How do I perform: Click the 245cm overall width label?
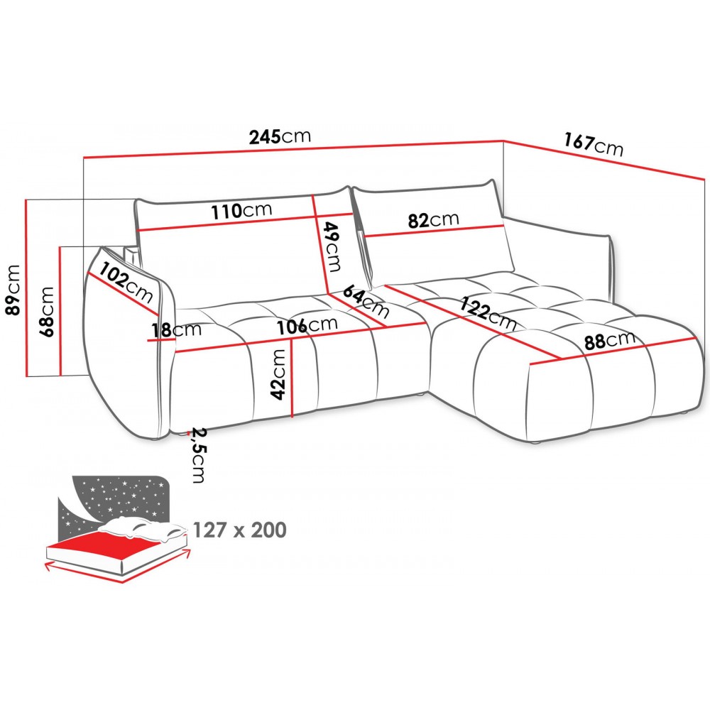pyautogui.click(x=280, y=136)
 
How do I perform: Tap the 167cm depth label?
pyautogui.click(x=593, y=144)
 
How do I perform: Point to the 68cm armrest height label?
pyautogui.click(x=47, y=312)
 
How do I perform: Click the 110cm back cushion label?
pyautogui.click(x=242, y=211)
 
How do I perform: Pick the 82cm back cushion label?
pyautogui.click(x=433, y=220)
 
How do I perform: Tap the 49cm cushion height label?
pyautogui.click(x=332, y=246)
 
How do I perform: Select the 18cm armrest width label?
pyautogui.click(x=175, y=330)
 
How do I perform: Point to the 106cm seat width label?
pyautogui.click(x=307, y=325)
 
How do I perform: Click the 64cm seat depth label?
pyautogui.click(x=366, y=301)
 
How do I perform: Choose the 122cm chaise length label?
pyautogui.click(x=488, y=313)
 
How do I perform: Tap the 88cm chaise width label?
pyautogui.click(x=609, y=341)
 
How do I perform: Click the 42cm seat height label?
pyautogui.click(x=278, y=374)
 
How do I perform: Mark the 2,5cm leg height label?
pyautogui.click(x=197, y=454)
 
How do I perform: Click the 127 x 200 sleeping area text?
pyautogui.click(x=239, y=530)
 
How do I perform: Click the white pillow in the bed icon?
pyautogui.click(x=144, y=529)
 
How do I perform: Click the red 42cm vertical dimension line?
pyautogui.click(x=293, y=378)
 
